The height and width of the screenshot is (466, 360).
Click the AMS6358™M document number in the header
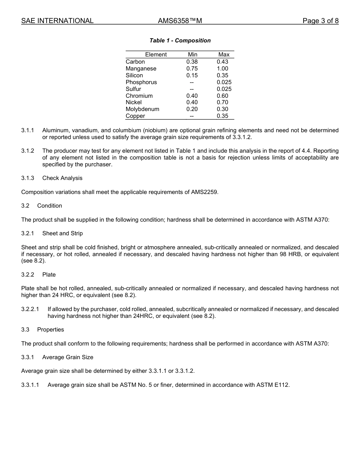pyautogui.click(x=180, y=21)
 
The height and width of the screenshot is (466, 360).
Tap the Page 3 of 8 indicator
pyautogui.click(x=320, y=21)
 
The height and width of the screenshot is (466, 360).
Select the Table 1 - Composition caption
pyautogui.click(x=180, y=41)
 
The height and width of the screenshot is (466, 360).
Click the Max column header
pyautogui.click(x=224, y=55)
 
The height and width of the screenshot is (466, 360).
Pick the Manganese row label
pyautogui.click(x=141, y=69)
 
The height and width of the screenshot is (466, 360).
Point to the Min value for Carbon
pyautogui.click(x=192, y=62)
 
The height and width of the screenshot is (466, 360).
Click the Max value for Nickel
pyautogui.click(x=222, y=102)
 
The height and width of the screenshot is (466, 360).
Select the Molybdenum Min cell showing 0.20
pyautogui.click(x=192, y=109)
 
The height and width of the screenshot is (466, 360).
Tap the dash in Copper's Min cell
pyautogui.click(x=192, y=116)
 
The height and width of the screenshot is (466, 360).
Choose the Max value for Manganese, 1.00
pyautogui.click(x=222, y=69)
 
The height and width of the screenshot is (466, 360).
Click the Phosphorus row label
pyautogui.click(x=141, y=82)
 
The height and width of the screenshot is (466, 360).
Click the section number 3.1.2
pyautogui.click(x=28, y=151)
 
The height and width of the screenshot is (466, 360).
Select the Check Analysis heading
pyautogui.click(x=62, y=178)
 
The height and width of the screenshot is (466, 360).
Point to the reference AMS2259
pyautogui.click(x=207, y=192)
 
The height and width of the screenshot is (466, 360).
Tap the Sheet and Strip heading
pyautogui.click(x=63, y=233)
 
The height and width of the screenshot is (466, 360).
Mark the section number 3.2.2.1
pyautogui.click(x=30, y=309)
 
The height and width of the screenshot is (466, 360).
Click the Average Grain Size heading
pyautogui.click(x=67, y=357)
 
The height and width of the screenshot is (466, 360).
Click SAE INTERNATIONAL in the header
pyautogui.click(x=57, y=21)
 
